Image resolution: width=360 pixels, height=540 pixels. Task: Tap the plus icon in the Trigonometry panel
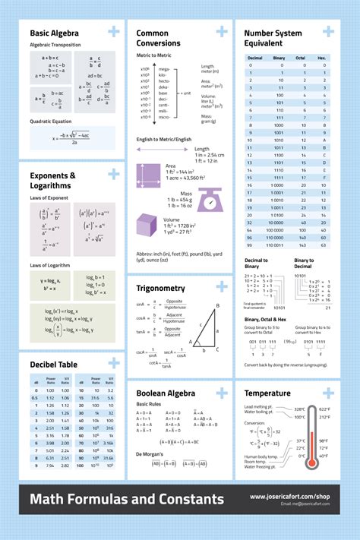[221, 287]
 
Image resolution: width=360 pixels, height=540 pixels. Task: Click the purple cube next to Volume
[146, 226]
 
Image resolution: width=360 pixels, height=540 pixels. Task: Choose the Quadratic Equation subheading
[52, 122]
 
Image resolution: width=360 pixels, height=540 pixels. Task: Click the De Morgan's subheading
[150, 453]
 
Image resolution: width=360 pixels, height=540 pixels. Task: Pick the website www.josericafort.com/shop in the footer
[289, 497]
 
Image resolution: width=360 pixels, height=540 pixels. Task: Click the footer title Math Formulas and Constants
[127, 499]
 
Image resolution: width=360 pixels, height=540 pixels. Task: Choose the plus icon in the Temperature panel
[327, 393]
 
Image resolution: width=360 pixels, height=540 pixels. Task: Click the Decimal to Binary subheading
[257, 264]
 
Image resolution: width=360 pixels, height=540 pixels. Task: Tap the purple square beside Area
[149, 175]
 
